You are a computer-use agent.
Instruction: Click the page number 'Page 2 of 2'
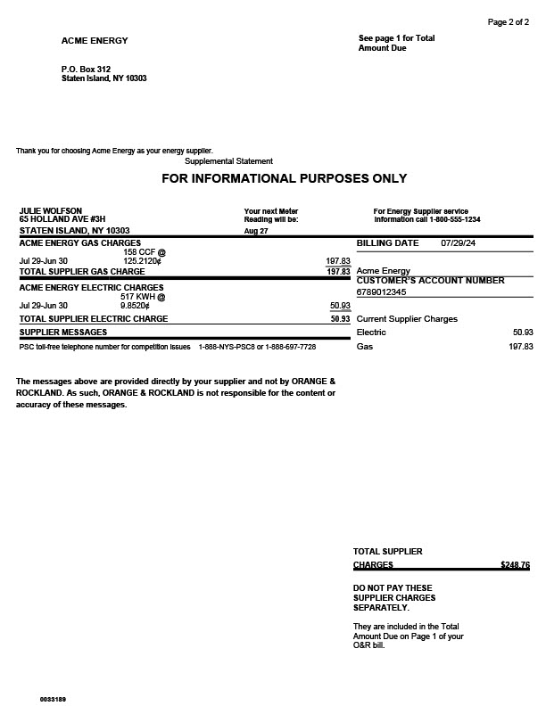[x=508, y=21]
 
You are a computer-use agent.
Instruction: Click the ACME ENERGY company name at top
[x=95, y=41]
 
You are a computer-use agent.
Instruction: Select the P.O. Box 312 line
[x=86, y=69]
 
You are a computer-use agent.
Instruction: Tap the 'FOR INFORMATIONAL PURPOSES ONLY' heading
[x=284, y=179]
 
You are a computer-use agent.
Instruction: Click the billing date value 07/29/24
[x=459, y=242]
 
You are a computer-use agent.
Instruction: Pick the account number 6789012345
[x=381, y=291]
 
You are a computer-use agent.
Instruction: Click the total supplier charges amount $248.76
[x=515, y=564]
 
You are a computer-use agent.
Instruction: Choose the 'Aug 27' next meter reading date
[x=256, y=231]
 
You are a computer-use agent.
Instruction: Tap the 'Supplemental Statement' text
[x=228, y=161]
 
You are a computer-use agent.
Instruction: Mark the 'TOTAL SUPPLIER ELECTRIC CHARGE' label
[x=94, y=318]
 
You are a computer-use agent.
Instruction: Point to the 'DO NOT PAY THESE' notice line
[x=393, y=587]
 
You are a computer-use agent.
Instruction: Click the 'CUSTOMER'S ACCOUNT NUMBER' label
[x=430, y=281]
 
